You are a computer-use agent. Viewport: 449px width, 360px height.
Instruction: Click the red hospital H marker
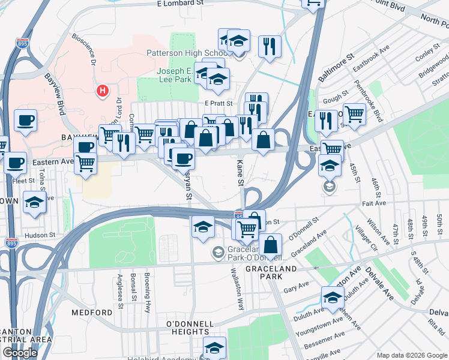(x=103, y=91)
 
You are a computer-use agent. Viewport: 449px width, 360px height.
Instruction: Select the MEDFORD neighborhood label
(x=92, y=313)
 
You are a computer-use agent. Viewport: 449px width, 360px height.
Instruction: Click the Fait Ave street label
(x=372, y=203)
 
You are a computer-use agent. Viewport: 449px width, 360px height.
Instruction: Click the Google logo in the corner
(x=20, y=353)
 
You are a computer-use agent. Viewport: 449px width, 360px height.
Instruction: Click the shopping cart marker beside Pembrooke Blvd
(x=354, y=113)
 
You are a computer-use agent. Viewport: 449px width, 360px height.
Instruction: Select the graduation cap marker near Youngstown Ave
(x=333, y=297)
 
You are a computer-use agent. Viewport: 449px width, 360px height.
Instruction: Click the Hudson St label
(x=40, y=236)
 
